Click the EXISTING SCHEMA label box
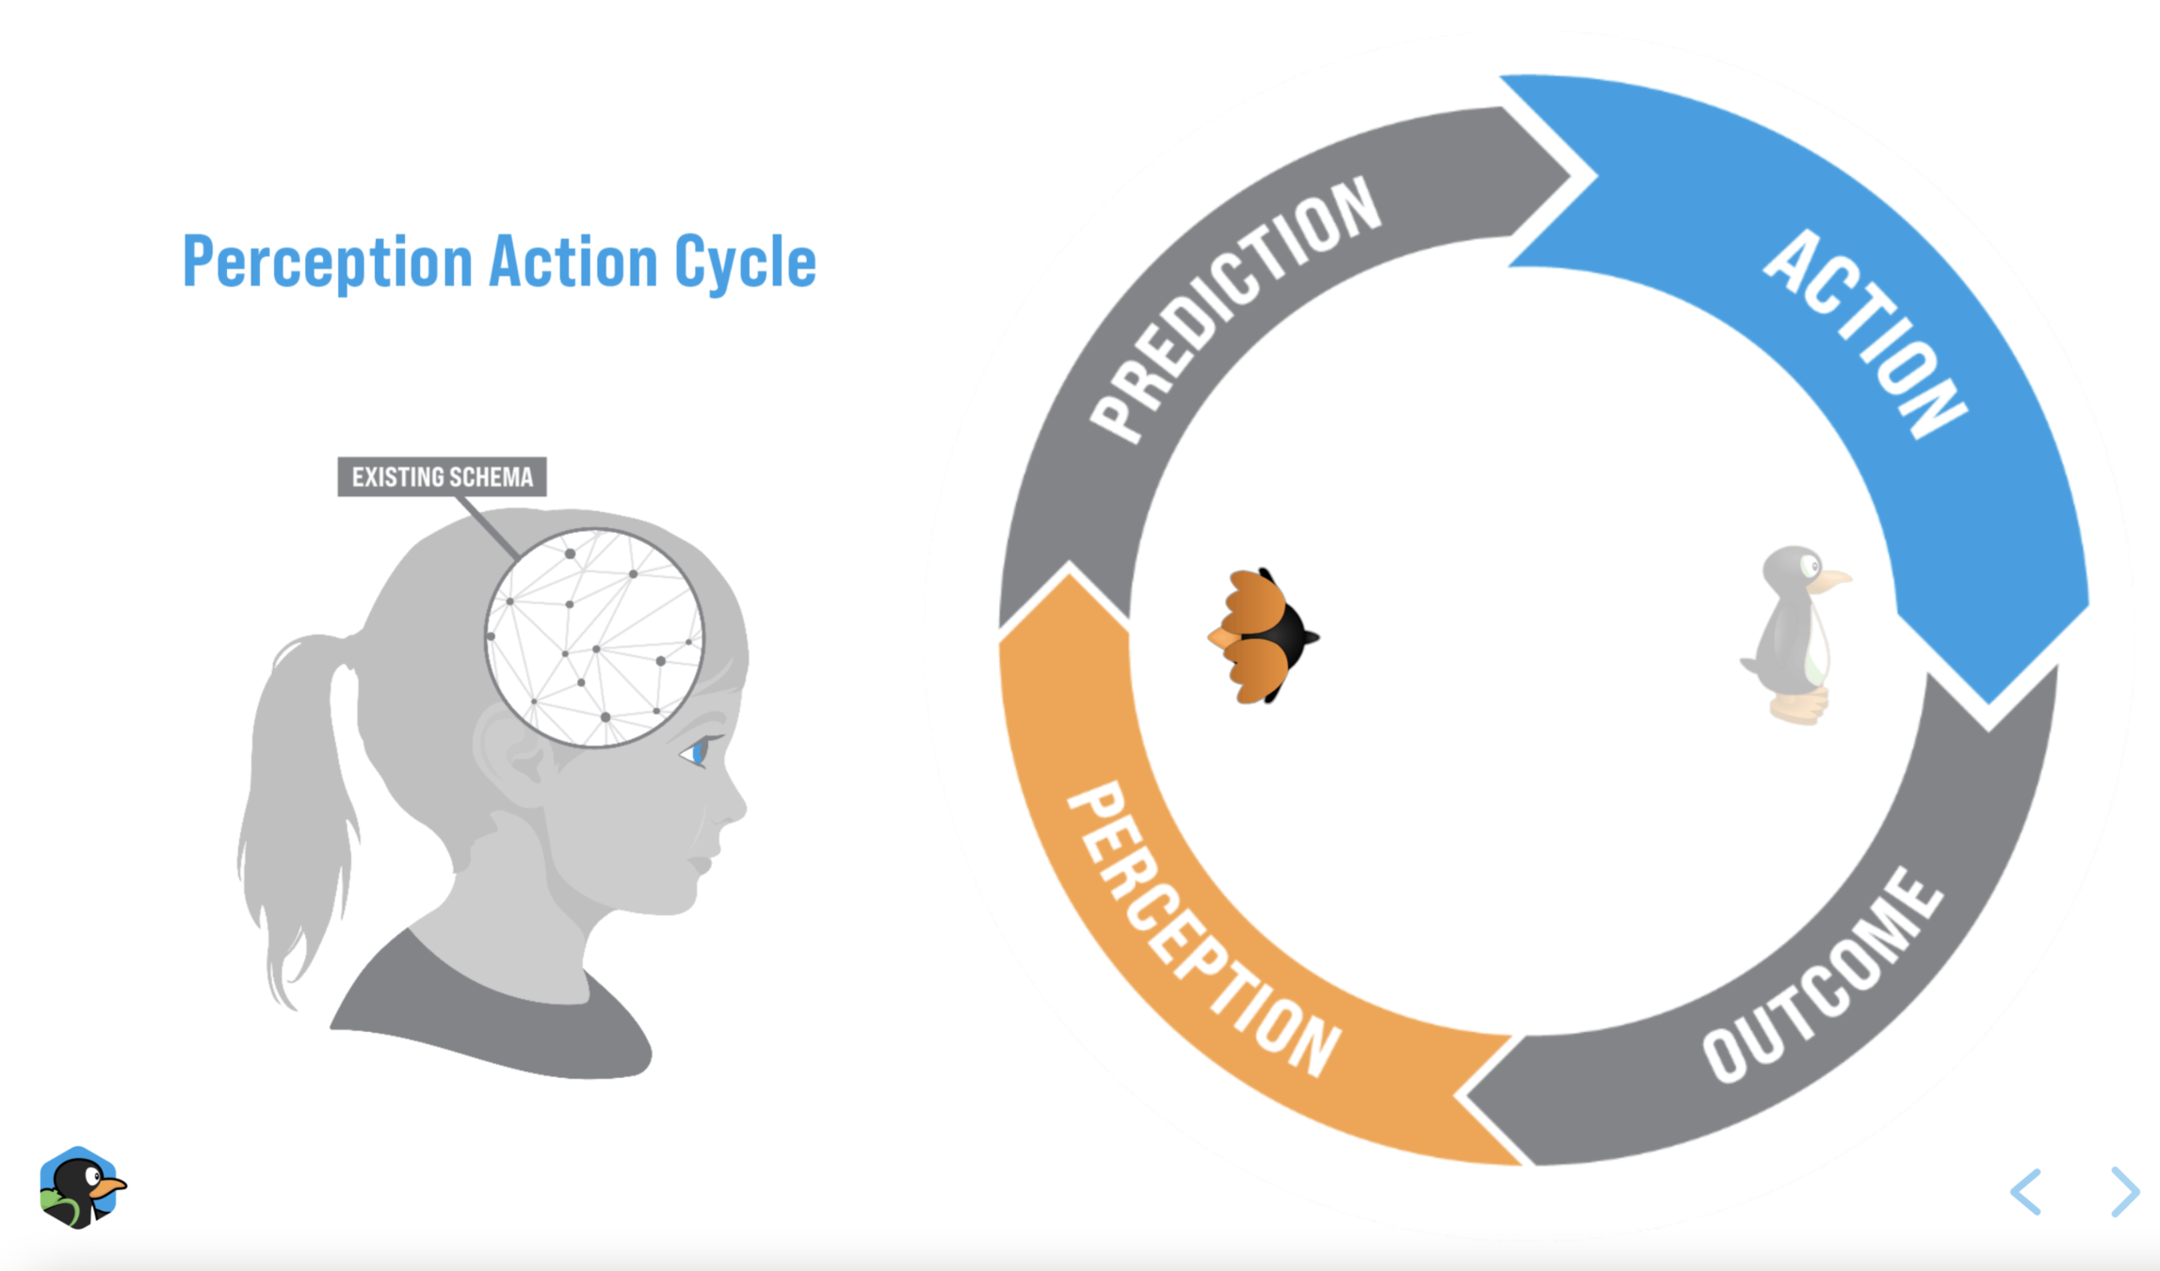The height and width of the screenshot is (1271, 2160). pos(442,476)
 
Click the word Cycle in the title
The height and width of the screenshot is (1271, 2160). pos(745,263)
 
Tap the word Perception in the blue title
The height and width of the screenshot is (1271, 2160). pos(327,263)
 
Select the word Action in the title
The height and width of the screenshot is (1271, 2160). pos(573,261)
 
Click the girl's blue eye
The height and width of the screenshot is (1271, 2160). pos(699,752)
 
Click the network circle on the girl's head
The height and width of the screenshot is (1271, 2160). pos(594,637)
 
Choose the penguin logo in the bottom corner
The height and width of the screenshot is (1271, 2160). pos(81,1187)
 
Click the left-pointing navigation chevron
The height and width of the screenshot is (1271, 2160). pos(2026,1192)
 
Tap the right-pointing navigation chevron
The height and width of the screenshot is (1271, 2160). pos(2124,1192)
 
